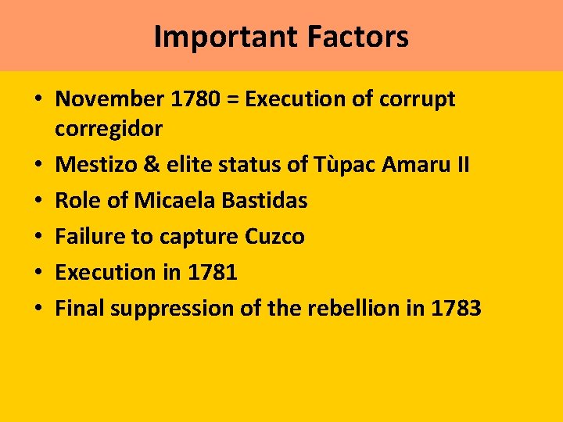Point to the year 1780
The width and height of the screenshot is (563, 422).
pyautogui.click(x=190, y=99)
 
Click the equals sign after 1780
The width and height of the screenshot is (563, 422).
pyautogui.click(x=232, y=100)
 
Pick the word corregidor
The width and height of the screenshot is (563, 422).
pyautogui.click(x=108, y=128)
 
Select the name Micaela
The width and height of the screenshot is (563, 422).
pyautogui.click(x=176, y=200)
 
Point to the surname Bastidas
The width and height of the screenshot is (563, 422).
pyautogui.click(x=265, y=200)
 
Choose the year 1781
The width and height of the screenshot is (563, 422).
pyautogui.click(x=211, y=272)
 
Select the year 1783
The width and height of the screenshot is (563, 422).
pyautogui.click(x=456, y=308)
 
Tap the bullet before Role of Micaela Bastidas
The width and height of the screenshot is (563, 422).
pyautogui.click(x=38, y=201)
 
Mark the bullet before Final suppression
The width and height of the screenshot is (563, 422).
pyautogui.click(x=38, y=309)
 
